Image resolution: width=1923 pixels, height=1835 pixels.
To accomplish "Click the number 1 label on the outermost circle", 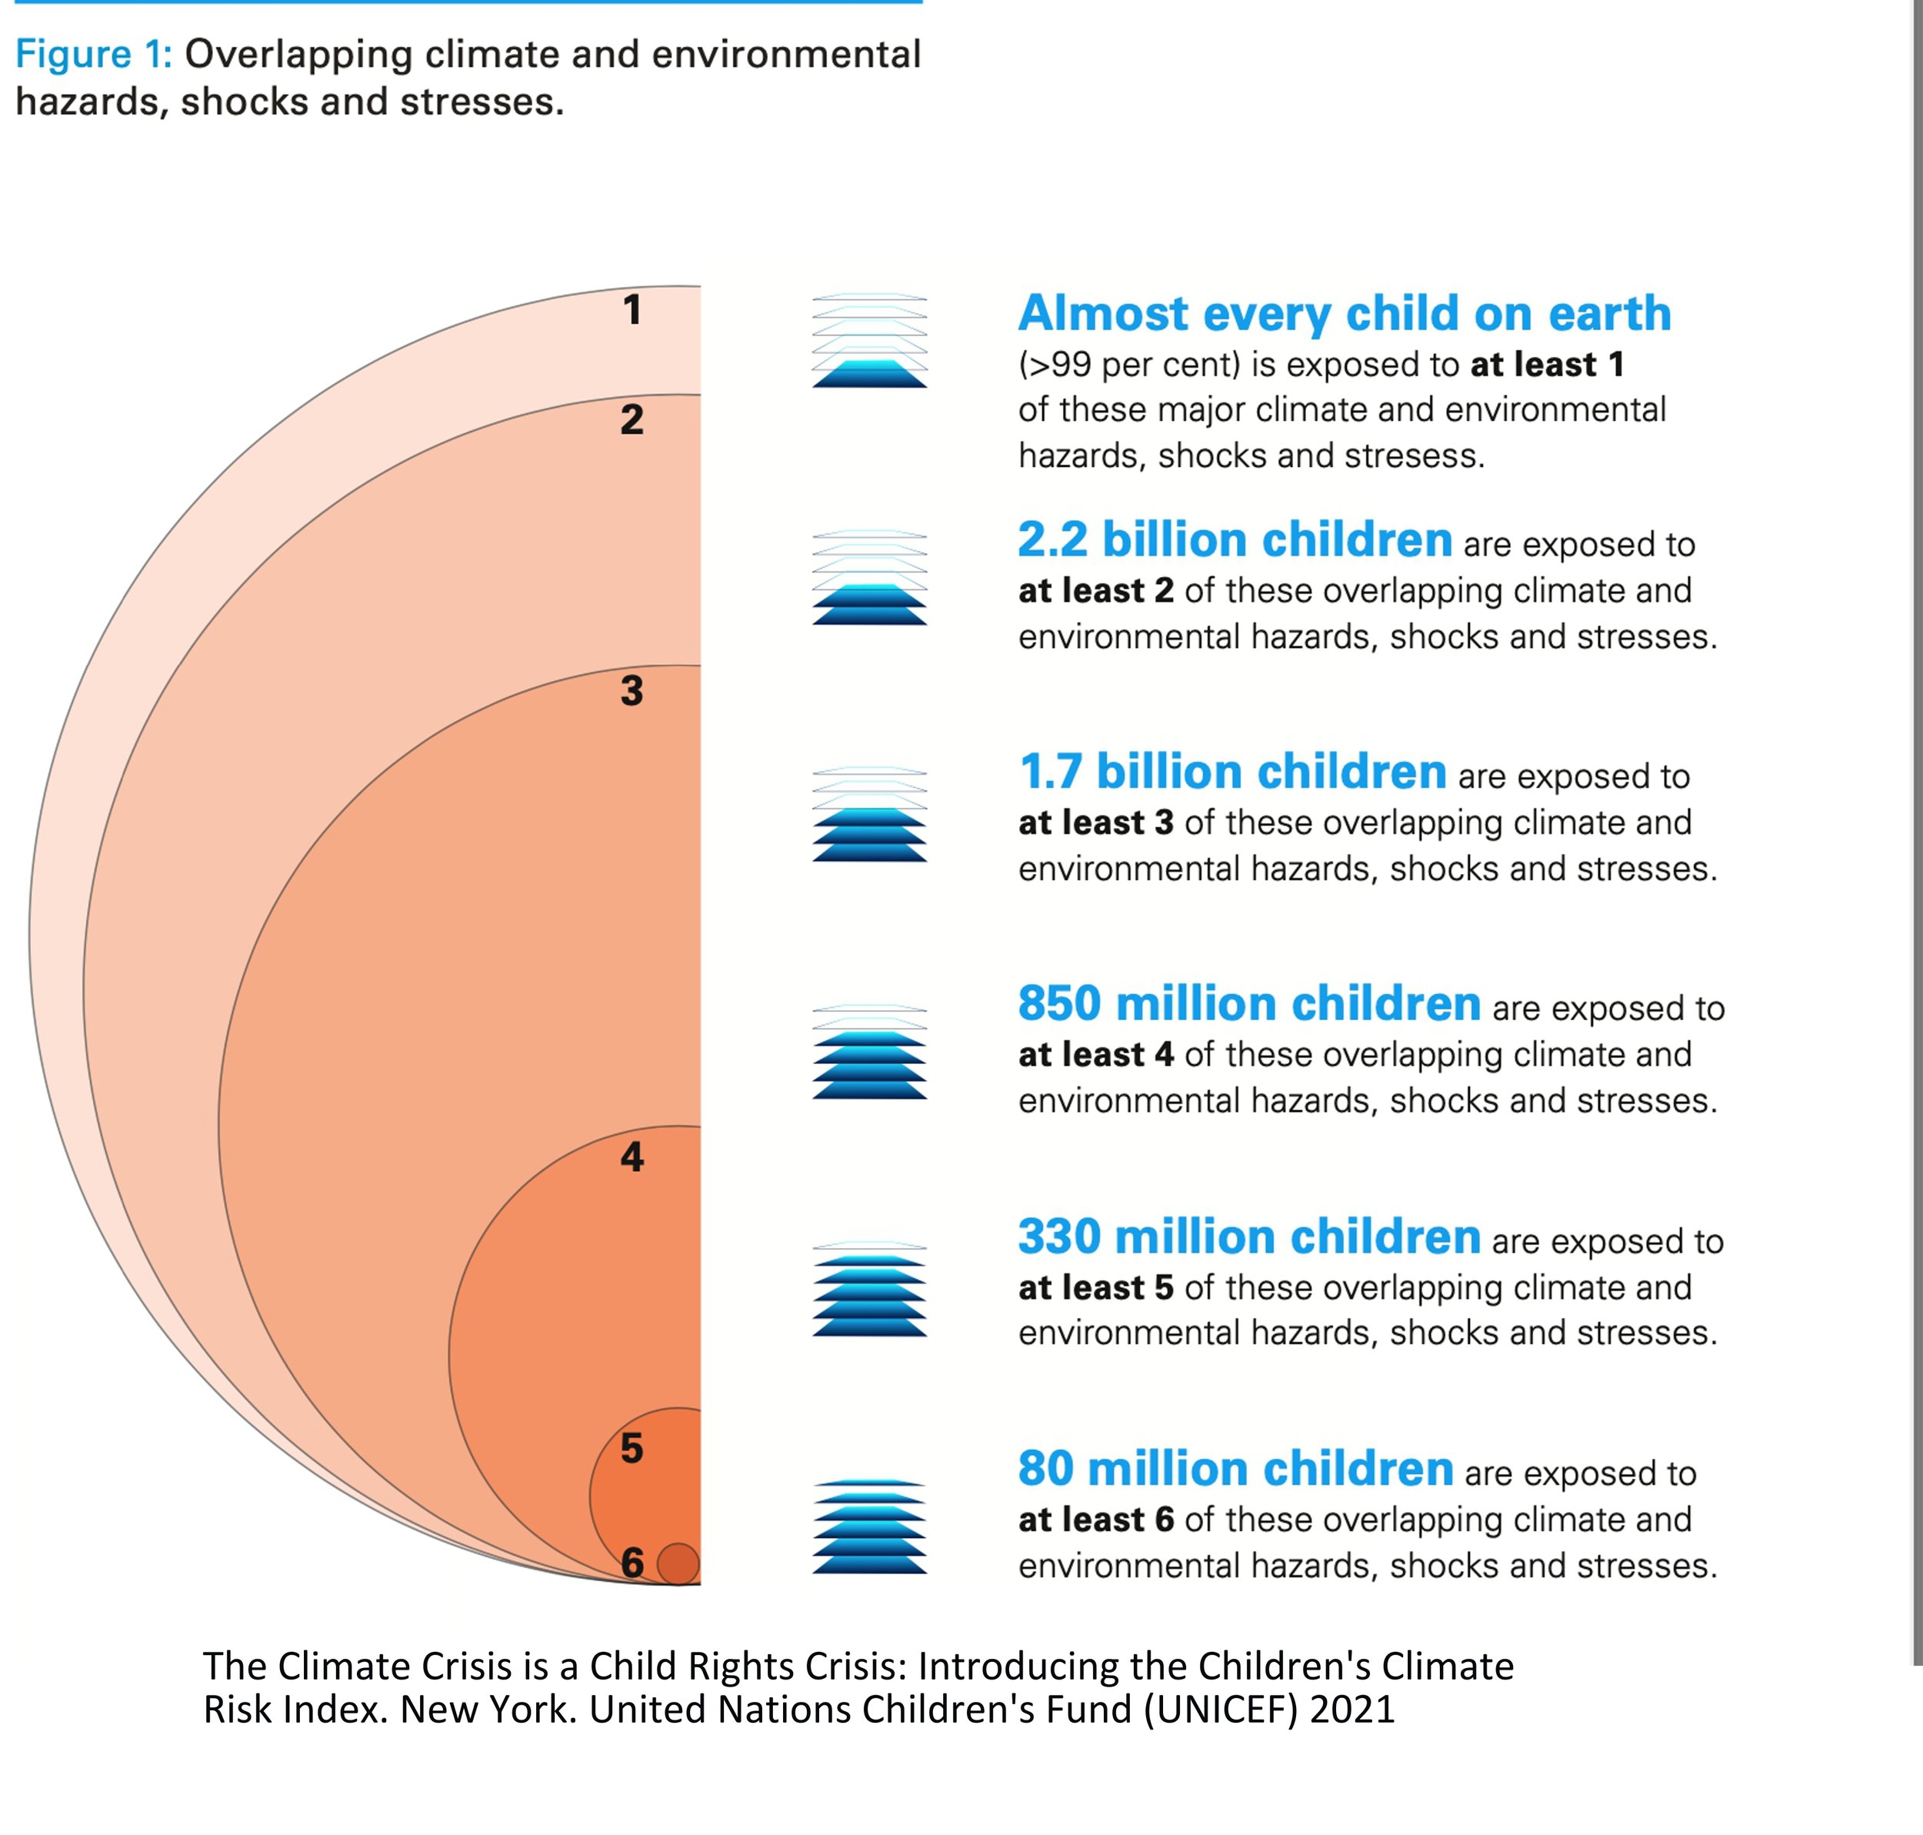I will point(632,310).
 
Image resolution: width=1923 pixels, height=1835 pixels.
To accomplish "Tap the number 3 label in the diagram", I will point(632,691).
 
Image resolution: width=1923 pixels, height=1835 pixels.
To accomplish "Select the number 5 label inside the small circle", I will point(632,1448).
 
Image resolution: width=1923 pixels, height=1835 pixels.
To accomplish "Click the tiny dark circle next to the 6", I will point(678,1563).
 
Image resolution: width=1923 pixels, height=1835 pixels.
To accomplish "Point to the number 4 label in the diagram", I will point(632,1157).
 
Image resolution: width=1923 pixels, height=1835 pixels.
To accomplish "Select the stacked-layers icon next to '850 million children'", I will point(868,1052).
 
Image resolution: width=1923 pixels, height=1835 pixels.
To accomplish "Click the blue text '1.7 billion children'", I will point(1231,772).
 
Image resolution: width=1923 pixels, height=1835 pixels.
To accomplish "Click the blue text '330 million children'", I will point(1248,1236).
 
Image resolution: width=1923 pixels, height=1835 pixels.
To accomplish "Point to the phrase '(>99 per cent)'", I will point(1128,365).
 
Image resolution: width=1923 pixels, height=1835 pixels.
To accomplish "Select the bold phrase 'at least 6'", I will point(1095,1519).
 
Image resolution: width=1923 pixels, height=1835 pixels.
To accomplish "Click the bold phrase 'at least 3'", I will point(1095,822).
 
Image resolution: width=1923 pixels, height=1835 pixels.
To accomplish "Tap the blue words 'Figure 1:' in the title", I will point(94,54).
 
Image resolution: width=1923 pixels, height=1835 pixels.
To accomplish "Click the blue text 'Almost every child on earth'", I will point(1344,313).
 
